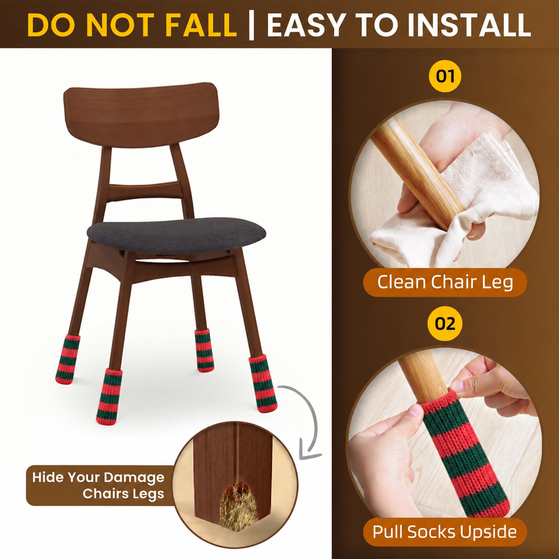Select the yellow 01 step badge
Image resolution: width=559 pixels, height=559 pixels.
click(445, 76)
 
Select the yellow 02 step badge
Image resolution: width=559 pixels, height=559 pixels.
click(445, 323)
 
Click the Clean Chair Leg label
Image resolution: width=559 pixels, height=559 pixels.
click(445, 282)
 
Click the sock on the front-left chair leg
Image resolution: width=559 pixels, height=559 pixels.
click(109, 396)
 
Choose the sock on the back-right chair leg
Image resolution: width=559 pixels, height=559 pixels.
click(204, 351)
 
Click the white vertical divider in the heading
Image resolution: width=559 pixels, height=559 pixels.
click(252, 25)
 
